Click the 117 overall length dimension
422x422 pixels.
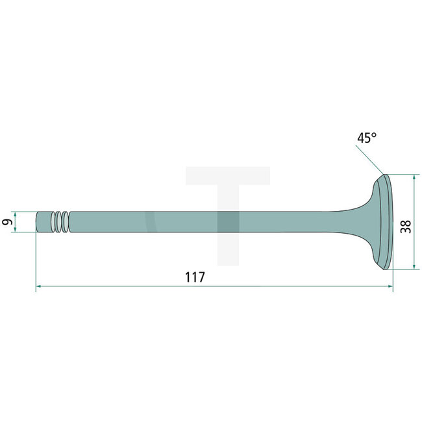[195, 277]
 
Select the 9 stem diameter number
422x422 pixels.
[7, 222]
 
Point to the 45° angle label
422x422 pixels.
[366, 138]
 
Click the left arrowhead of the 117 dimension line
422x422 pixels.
[39, 285]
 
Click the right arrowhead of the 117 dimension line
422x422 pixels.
[390, 285]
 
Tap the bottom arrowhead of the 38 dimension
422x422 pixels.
[414, 266]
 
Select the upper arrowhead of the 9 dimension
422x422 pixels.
[17, 214]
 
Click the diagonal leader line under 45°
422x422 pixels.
[370, 160]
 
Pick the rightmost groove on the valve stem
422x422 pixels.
[66, 222]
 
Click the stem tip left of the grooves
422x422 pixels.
[43, 222]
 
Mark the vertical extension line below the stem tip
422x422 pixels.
[36, 260]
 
